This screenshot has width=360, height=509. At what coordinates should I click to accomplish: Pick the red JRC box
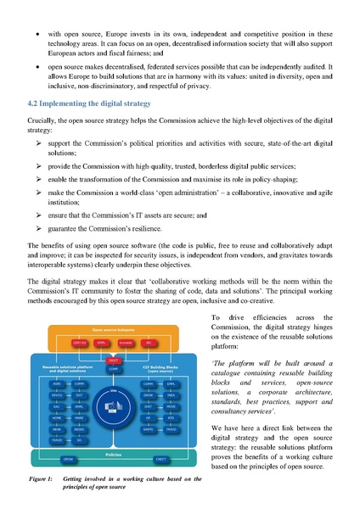[148, 343]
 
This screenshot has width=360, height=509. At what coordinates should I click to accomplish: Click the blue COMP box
[113, 369]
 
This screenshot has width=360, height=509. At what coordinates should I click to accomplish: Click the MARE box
[79, 418]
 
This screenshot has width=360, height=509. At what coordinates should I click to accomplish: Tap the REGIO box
[79, 429]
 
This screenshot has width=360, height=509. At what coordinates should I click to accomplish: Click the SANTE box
[148, 429]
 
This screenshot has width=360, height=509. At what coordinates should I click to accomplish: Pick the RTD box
[171, 418]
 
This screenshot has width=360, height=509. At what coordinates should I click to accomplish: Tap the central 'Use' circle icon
[113, 406]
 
